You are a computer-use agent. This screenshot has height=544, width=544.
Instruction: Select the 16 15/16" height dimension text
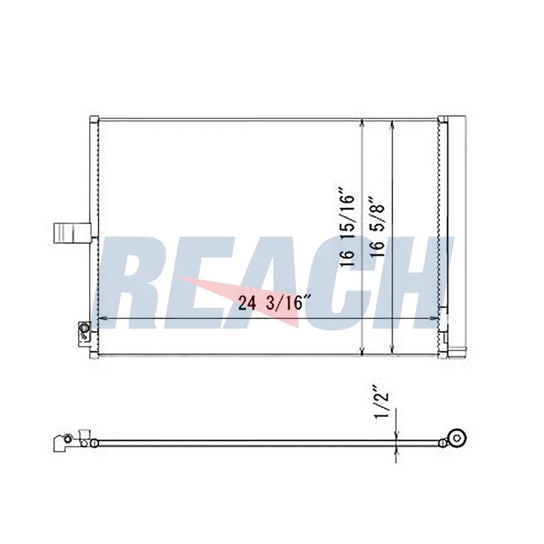pyautogui.click(x=347, y=228)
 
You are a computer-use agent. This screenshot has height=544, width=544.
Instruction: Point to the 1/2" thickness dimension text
pyautogui.click(x=381, y=406)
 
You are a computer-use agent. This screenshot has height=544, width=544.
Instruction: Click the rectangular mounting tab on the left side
pyautogui.click(x=72, y=233)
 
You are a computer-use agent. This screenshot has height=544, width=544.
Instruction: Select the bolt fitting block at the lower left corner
pyautogui.click(x=84, y=333)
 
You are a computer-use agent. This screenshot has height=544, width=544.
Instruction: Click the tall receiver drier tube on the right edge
pyautogui.click(x=457, y=237)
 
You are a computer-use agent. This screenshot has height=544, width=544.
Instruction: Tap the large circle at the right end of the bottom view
pyautogui.click(x=456, y=439)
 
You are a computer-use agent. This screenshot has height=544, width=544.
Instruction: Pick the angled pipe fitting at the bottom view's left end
pyautogui.click(x=63, y=443)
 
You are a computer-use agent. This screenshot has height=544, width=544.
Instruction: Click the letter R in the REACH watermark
pyautogui.click(x=135, y=282)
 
